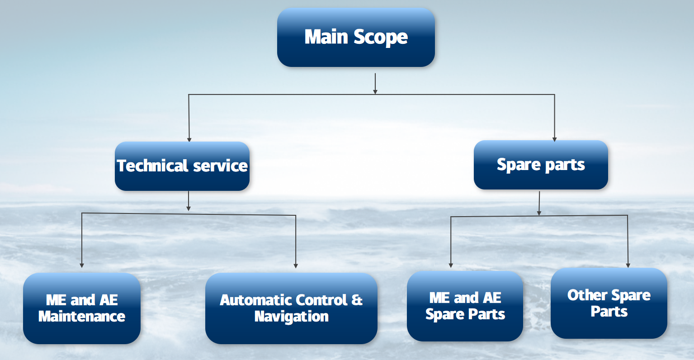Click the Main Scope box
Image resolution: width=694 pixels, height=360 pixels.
[356, 38]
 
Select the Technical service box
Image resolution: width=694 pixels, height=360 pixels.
[182, 166]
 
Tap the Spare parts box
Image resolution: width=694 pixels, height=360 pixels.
[541, 165]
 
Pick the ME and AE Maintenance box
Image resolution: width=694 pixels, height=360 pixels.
[82, 308]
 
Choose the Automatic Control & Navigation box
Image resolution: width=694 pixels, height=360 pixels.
[291, 308]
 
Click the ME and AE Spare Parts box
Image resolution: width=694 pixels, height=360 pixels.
[465, 306]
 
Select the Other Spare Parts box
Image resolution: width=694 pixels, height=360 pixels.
[609, 303]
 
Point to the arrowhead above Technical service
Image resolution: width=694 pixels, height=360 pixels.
[189, 139]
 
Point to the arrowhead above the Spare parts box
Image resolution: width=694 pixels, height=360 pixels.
[554, 139]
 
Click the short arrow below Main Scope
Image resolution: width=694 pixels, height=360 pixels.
[375, 84]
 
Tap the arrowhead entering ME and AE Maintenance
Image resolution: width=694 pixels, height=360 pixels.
[82, 265]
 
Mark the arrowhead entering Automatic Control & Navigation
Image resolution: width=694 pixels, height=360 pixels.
[296, 265]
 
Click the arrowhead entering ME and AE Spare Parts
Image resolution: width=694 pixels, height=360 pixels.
[451, 265]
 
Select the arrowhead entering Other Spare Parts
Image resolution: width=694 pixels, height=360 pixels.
[628, 265]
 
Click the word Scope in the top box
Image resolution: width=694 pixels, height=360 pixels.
[381, 38]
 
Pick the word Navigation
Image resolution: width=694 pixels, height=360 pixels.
[291, 316]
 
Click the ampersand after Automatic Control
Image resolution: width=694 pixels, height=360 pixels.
[357, 300]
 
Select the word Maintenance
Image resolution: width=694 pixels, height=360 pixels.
[82, 316]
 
